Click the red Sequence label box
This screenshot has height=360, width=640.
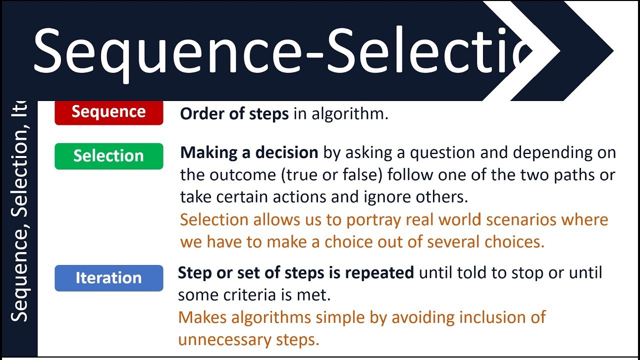[108, 112]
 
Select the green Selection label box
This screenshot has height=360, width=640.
[108, 156]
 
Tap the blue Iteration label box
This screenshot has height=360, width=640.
[108, 278]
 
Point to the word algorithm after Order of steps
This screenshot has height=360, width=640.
[349, 114]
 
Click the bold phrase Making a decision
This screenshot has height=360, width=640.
[249, 152]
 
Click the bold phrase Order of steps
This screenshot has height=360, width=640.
[234, 114]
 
